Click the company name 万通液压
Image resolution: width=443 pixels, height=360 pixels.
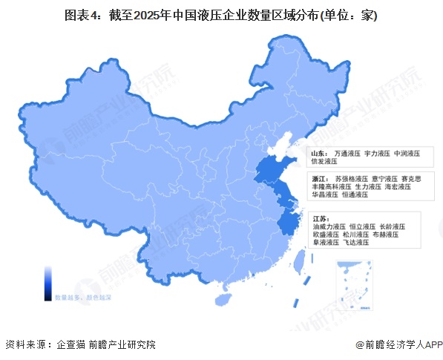[x=347, y=152]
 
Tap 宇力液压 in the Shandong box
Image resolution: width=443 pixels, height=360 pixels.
[x=376, y=152]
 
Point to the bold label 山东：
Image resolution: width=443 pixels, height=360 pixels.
[x=319, y=152]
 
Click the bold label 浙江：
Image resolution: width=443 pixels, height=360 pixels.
[x=319, y=179]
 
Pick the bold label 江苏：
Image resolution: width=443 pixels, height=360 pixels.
[x=321, y=218]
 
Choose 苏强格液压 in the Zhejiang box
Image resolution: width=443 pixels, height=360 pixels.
[x=352, y=179]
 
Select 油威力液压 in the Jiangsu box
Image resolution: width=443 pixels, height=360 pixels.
[x=329, y=226]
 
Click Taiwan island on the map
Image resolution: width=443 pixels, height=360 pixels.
[x=301, y=261]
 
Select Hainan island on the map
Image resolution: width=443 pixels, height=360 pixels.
[x=220, y=298]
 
